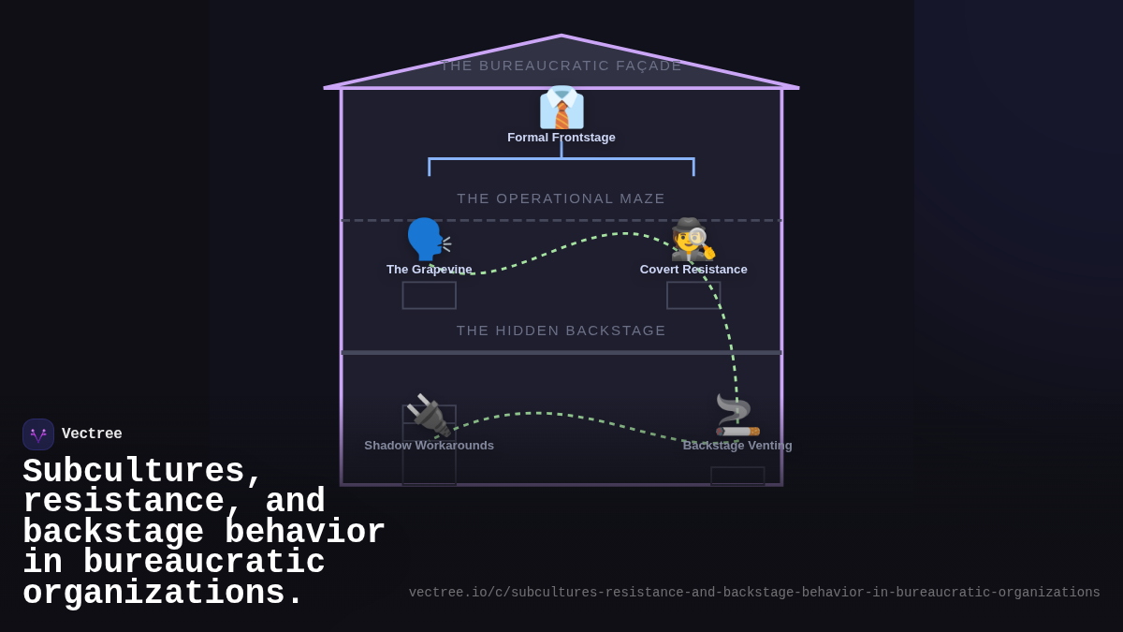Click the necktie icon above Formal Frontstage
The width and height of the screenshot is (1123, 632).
[561, 108]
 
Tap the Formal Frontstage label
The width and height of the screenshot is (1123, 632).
[561, 138]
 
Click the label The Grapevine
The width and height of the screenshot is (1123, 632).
[429, 270]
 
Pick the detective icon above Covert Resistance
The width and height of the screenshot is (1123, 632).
[693, 240]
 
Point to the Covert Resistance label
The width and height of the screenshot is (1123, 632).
[693, 270]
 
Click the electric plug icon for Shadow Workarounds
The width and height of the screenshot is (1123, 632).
[429, 415]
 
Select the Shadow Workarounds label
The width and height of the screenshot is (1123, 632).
[429, 446]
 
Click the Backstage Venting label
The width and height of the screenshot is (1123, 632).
[737, 446]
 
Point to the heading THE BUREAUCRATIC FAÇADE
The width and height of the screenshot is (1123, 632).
[561, 66]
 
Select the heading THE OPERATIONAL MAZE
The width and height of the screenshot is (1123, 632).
[561, 198]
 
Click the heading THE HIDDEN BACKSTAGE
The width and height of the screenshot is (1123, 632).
[561, 331]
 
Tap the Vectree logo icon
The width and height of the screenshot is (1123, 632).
[38, 434]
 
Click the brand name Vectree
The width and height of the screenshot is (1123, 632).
[92, 434]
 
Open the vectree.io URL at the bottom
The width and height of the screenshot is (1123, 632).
[754, 593]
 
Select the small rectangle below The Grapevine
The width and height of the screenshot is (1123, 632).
[429, 296]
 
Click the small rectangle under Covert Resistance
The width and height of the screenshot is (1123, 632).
[693, 296]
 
